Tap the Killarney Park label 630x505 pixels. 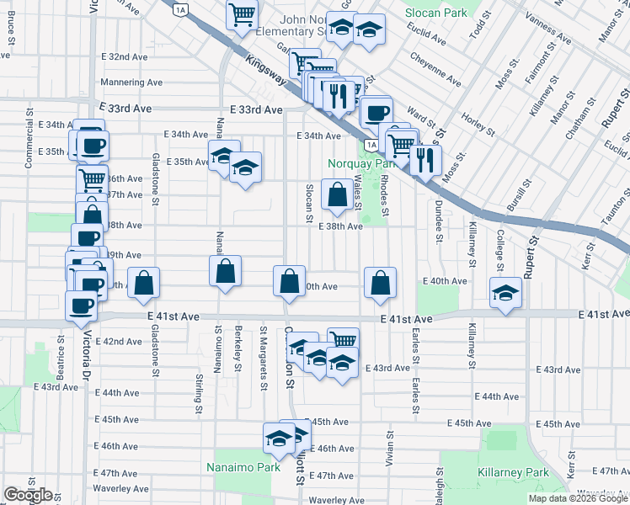[513, 473]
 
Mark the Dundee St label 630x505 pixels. [438, 221]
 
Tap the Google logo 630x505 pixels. [28, 495]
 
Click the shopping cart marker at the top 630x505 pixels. [242, 13]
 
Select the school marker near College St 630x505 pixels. [505, 292]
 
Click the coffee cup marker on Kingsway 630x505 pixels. [376, 111]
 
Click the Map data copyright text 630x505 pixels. [578, 498]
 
